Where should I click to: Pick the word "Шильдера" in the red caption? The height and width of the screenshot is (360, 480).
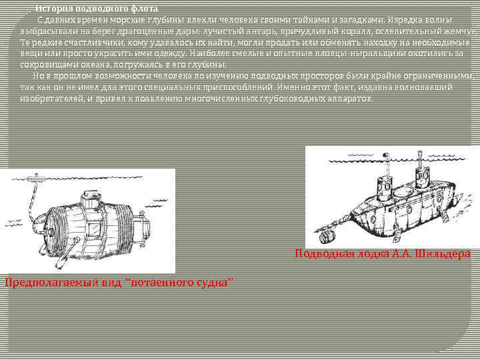[443, 253]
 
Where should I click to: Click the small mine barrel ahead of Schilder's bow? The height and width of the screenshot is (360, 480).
[326, 235]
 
